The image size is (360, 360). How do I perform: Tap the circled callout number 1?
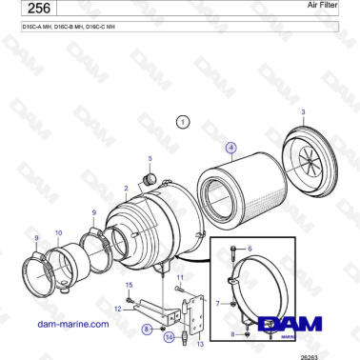[x=183, y=122]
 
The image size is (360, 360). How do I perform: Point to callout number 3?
[x=303, y=113]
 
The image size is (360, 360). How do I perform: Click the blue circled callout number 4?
[x=230, y=149]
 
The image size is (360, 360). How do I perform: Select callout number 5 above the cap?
[x=149, y=157]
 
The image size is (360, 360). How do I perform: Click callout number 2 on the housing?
[x=127, y=189]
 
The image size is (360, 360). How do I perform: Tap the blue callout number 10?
[x=58, y=232]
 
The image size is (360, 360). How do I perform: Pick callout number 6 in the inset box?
[x=250, y=248]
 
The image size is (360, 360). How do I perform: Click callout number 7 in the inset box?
[x=217, y=302]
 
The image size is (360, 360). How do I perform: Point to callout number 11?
[x=178, y=276]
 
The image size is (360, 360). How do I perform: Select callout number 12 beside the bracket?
[x=117, y=309]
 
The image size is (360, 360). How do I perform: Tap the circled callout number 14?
[x=169, y=336]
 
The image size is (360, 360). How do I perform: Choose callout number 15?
[x=130, y=285]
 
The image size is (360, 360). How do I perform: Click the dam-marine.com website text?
[x=72, y=324]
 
